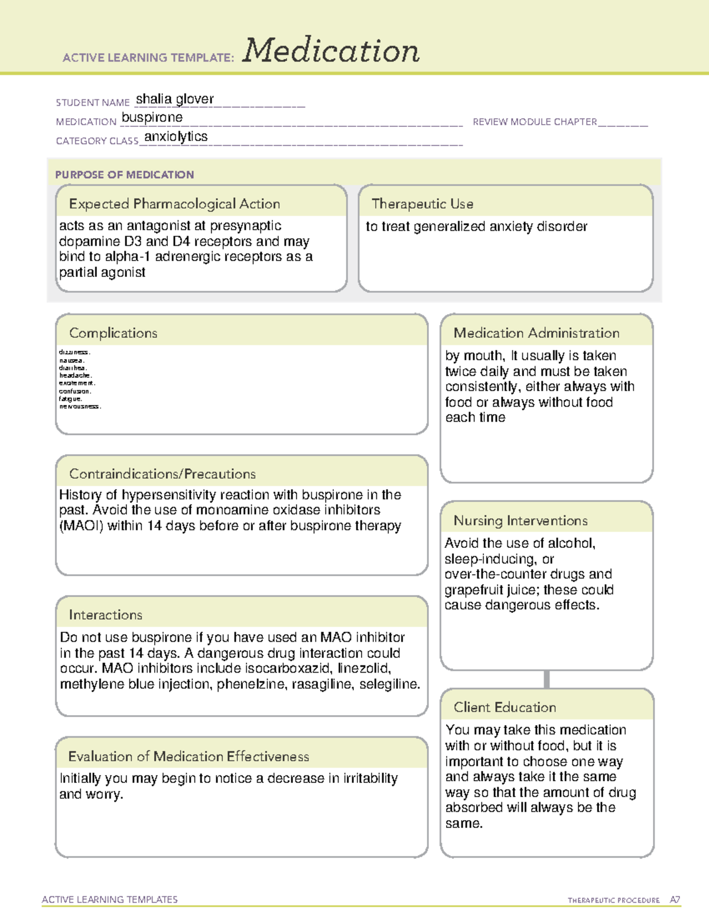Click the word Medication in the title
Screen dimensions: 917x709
click(331, 51)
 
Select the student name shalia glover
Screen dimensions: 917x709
click(175, 99)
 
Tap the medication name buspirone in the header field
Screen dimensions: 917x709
click(152, 118)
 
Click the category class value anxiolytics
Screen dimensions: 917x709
click(176, 136)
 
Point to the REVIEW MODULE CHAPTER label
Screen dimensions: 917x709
click(535, 122)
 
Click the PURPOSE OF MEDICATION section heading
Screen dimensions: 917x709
click(124, 175)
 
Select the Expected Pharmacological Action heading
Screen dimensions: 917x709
click(174, 204)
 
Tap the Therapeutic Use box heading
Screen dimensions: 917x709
click(422, 204)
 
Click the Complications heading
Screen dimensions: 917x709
click(113, 333)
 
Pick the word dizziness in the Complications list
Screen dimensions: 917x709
click(74, 353)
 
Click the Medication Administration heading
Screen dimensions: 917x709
click(536, 333)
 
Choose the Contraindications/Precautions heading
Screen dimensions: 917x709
click(162, 474)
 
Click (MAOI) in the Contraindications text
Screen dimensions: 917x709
click(81, 526)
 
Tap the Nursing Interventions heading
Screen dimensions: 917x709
click(520, 520)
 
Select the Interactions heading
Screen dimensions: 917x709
click(105, 615)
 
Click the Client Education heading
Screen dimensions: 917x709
click(505, 707)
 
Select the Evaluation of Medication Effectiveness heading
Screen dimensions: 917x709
click(188, 756)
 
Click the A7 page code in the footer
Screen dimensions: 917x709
click(674, 900)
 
